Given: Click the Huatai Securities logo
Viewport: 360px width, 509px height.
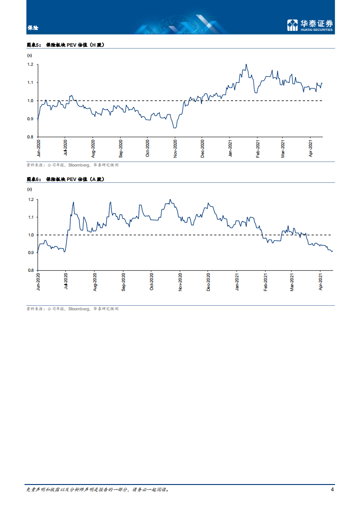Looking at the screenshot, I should coord(310,25).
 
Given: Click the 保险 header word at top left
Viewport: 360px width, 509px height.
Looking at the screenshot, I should coord(33,28).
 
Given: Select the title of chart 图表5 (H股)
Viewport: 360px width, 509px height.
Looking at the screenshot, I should coord(66,45).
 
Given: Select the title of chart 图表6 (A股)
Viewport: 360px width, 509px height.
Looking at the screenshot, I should coord(66,179).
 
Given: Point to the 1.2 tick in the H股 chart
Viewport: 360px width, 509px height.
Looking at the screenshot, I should coord(30,64).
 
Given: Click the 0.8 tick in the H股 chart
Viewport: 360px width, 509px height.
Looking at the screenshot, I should coord(30,137).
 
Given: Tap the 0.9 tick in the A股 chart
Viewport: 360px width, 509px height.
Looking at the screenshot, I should coord(31,253).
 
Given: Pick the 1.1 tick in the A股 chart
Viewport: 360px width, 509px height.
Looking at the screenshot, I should coord(31,217).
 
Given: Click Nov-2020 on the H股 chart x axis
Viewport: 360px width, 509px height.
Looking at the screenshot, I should coord(176,148).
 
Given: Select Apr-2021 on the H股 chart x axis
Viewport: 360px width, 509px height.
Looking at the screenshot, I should coord(311,148).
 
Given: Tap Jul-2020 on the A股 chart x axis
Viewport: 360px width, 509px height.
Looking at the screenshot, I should coord(66,281).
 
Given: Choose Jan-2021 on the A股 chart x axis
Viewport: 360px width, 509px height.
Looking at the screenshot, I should coord(237,281).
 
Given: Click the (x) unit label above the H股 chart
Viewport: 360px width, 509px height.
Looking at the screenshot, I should coord(30,55).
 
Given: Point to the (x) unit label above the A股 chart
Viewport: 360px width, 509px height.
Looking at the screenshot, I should coord(30,189).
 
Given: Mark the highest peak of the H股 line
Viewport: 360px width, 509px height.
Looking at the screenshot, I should coord(246,64).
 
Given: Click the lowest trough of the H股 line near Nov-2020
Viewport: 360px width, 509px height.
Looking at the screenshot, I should coord(175,128).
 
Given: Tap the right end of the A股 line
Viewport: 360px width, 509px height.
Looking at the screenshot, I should coord(332,251).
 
